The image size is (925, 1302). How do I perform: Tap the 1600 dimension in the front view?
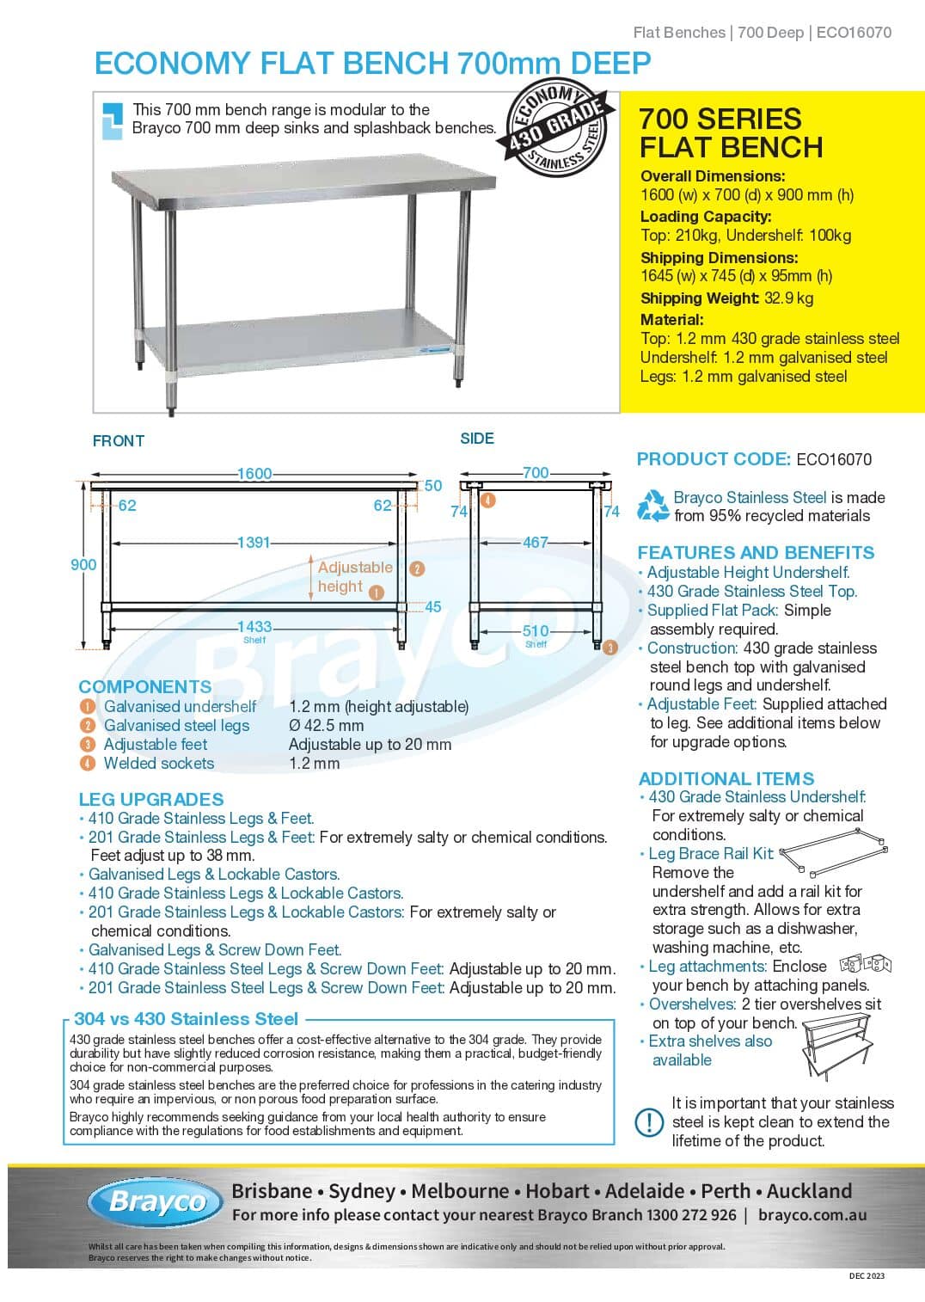254,474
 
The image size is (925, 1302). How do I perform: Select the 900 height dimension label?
83,564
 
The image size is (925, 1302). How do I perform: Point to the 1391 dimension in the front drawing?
254,543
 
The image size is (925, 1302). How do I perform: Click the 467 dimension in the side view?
535,543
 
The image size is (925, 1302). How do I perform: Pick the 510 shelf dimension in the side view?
535,631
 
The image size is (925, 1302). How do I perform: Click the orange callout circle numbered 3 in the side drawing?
610,648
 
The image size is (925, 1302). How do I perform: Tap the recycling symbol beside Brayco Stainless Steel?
652,507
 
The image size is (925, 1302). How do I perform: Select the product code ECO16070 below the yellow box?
833,459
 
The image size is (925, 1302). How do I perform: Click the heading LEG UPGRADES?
151,799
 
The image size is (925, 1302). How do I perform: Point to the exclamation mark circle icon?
648,1121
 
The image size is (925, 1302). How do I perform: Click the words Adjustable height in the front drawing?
353,576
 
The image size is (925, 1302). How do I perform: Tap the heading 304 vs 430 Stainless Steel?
186,1019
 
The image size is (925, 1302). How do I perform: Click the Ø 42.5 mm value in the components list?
326,726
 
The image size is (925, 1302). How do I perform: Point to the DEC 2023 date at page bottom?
866,1275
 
